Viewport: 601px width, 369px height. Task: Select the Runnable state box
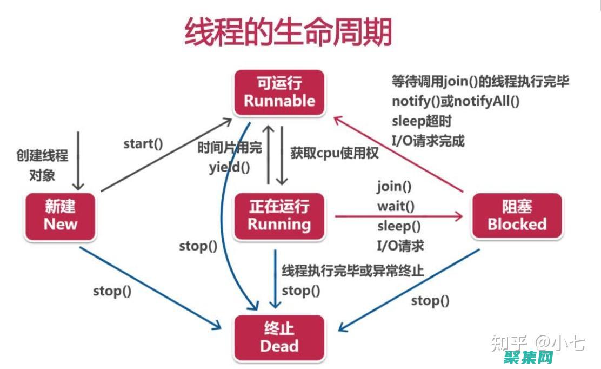pos(279,93)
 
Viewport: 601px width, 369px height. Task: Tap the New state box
pos(60,216)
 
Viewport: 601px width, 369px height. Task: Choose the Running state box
pos(279,216)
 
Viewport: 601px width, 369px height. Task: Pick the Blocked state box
pos(517,216)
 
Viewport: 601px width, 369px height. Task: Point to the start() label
pos(143,143)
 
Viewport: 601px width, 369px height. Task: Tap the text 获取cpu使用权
pos(334,152)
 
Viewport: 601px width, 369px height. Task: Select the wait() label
pos(396,206)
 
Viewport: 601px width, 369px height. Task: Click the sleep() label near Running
pos(399,226)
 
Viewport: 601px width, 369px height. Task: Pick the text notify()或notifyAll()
pos(455,101)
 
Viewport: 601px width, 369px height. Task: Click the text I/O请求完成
pos(428,141)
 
